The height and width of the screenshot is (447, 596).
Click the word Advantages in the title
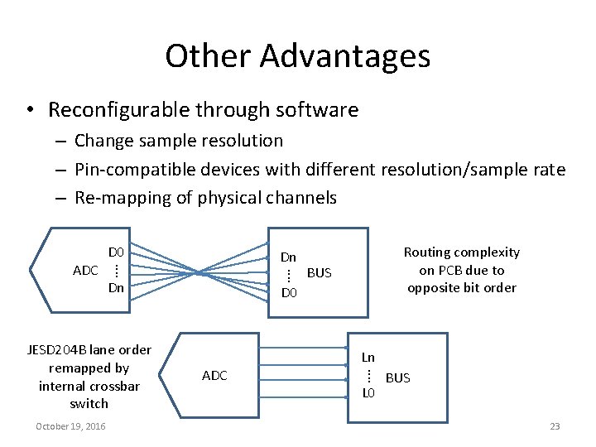click(x=344, y=56)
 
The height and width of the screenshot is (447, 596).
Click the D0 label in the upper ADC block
click(x=116, y=252)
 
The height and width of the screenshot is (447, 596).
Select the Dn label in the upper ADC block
click(x=116, y=288)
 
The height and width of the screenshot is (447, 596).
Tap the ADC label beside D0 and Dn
click(x=85, y=271)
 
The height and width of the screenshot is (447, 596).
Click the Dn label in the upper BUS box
click(x=288, y=257)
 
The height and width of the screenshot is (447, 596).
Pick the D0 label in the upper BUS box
click(x=288, y=293)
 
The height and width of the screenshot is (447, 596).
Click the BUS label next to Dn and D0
click(x=319, y=272)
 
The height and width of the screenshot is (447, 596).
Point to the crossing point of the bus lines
click(x=198, y=271)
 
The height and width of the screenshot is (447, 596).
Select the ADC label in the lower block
click(x=214, y=376)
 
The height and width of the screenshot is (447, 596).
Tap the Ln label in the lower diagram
click(x=368, y=358)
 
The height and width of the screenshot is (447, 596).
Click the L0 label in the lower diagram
click(x=368, y=393)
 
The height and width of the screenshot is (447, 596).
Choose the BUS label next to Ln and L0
click(x=398, y=377)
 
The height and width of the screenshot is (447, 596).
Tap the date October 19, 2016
click(x=70, y=426)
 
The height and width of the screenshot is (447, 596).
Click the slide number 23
click(x=555, y=426)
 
